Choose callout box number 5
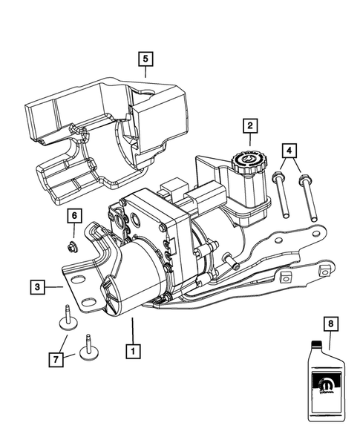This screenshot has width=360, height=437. point(146,58)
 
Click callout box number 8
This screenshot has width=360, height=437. point(330,323)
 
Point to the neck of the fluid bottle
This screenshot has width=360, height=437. point(318,343)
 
